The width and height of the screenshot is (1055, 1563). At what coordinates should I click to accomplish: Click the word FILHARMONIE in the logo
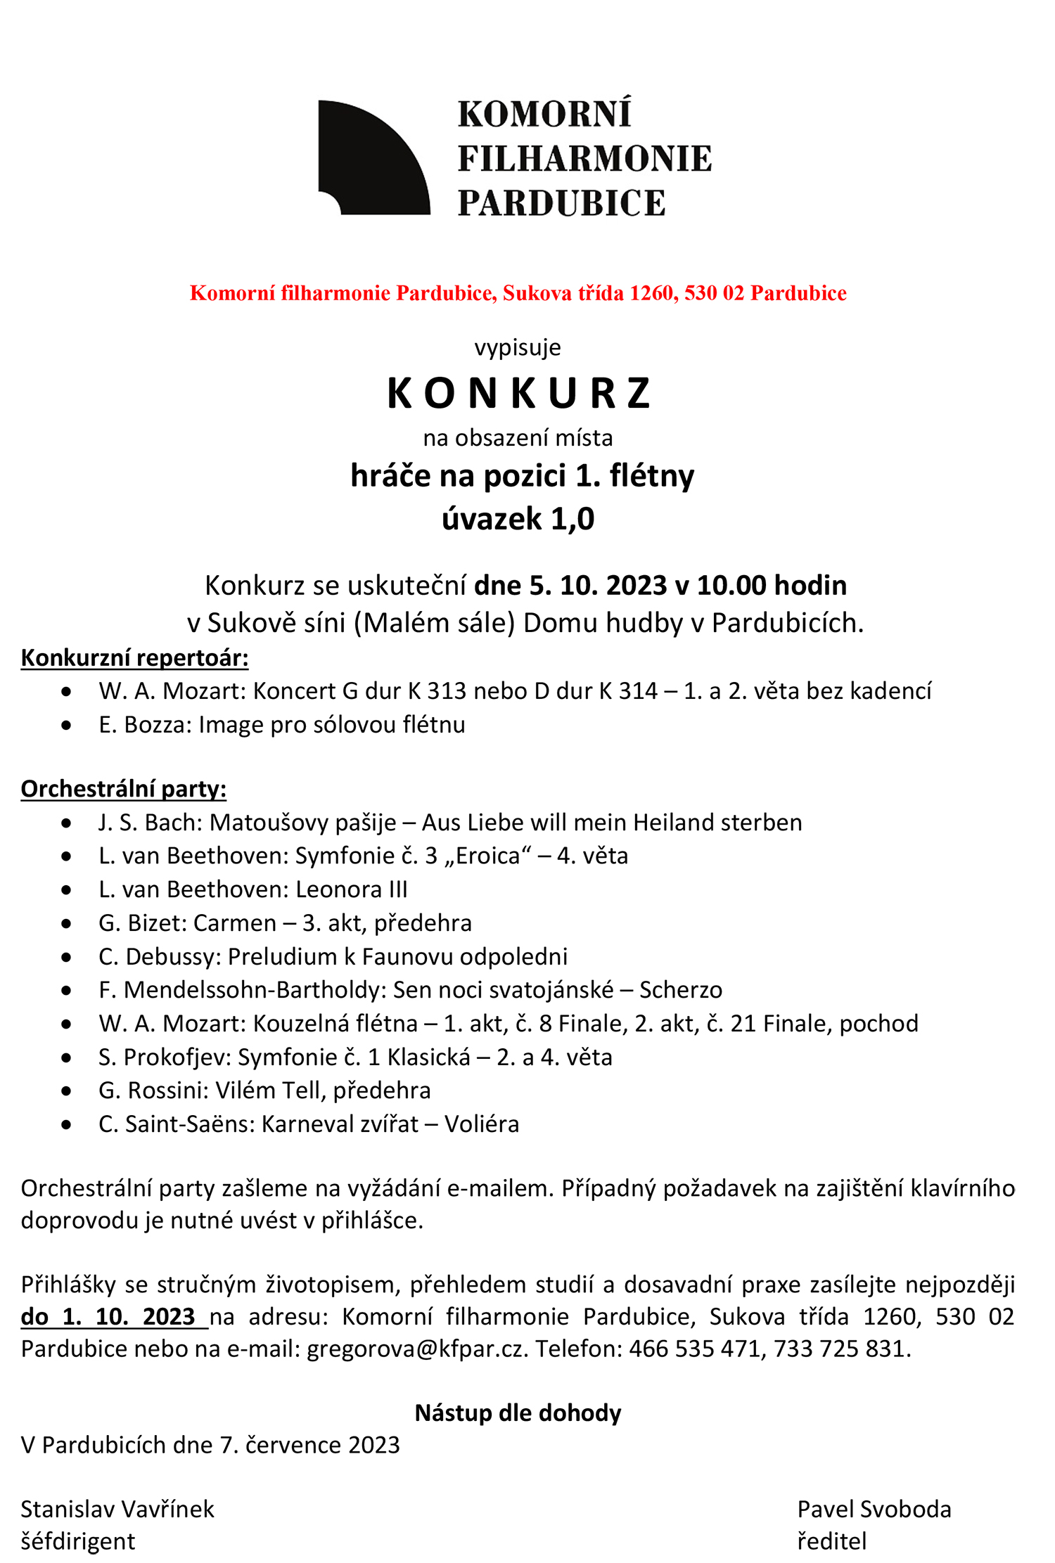[584, 159]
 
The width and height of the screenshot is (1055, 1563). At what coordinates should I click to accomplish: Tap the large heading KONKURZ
[519, 393]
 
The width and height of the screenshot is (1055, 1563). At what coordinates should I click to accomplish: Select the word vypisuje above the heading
[518, 347]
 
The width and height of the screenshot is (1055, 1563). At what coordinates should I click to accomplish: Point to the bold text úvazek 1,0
[518, 519]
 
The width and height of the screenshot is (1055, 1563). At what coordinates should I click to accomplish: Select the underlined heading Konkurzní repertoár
[134, 657]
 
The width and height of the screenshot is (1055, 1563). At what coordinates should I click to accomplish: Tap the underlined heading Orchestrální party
[124, 789]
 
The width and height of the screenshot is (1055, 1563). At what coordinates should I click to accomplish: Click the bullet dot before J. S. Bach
[67, 823]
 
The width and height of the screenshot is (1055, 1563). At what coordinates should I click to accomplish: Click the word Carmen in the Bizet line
[235, 922]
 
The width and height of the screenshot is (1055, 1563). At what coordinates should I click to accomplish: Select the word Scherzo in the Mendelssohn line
[681, 990]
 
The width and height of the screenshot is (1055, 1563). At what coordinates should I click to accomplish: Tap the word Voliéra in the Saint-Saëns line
[482, 1124]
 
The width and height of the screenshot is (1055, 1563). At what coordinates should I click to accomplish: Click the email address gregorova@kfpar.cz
[417, 1349]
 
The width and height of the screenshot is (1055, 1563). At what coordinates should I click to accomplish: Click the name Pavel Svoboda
[874, 1509]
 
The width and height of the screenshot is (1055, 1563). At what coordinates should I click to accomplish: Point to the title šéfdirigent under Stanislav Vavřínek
[78, 1541]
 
